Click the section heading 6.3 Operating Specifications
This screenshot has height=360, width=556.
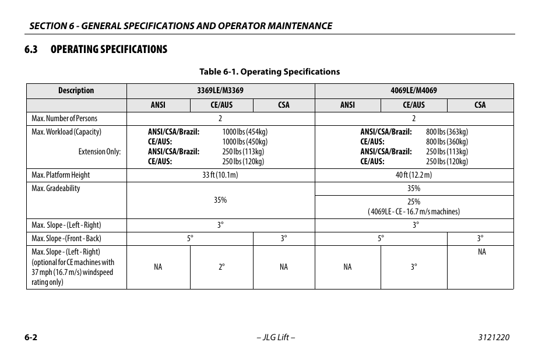[x=96, y=50]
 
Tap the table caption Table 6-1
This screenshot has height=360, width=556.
[x=269, y=72]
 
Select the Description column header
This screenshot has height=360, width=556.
[x=76, y=91]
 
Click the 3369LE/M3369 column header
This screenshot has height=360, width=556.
[x=220, y=91]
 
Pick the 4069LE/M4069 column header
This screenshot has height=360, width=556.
[x=414, y=91]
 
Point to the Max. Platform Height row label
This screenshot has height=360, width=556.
[x=61, y=175]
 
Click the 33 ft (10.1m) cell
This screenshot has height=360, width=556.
[x=220, y=175]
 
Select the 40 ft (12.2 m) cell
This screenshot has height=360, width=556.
[x=414, y=175]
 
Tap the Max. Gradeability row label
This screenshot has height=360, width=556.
[x=56, y=188]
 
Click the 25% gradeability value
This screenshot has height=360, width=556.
[x=414, y=202]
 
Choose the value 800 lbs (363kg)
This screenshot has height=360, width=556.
[x=446, y=132]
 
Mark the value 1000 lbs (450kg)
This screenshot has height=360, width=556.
[x=245, y=142]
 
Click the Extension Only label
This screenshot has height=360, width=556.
[x=100, y=151]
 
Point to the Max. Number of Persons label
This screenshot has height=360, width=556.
[x=66, y=119]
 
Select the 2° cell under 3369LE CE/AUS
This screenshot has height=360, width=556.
[x=221, y=267]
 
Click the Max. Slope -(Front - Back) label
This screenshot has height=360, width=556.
[x=66, y=238]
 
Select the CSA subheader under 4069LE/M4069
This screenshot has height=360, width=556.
[x=480, y=105]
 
